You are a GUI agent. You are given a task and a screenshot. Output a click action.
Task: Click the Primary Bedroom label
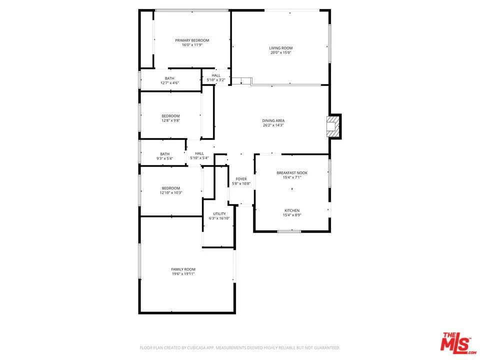192,40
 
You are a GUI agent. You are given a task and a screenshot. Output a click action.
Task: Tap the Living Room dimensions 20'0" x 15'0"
280,52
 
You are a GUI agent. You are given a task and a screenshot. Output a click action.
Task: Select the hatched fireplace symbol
333,126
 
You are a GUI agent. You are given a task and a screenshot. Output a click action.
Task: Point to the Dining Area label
273,120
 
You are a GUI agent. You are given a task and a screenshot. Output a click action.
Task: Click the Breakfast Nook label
292,173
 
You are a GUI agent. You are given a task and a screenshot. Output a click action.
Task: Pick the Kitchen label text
292,210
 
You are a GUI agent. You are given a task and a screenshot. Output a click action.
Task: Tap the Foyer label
241,179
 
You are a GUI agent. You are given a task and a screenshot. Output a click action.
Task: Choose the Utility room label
219,214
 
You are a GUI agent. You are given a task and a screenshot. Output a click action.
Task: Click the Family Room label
183,269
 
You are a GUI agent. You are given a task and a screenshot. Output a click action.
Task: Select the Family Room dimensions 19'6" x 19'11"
183,274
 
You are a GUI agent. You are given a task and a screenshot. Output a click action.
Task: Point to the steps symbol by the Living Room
241,81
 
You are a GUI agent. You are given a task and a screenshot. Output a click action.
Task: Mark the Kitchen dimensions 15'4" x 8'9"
292,215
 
